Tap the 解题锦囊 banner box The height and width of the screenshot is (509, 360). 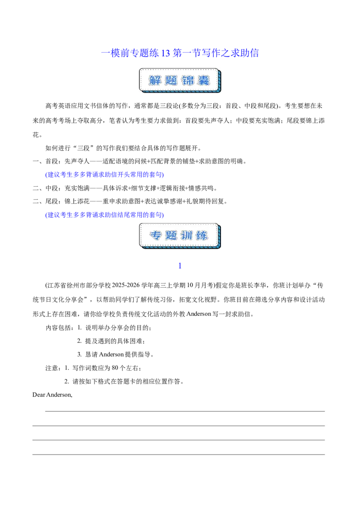tap(180, 80)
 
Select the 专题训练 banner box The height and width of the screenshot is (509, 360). tap(180, 236)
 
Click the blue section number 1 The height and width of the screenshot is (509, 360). tap(180, 266)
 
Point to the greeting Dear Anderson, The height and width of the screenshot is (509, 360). tap(52, 395)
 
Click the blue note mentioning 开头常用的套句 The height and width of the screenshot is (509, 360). tap(104, 174)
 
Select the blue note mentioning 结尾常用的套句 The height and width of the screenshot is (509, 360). tap(104, 215)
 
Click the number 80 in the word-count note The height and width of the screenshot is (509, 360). tap(115, 368)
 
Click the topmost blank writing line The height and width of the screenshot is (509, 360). tap(185, 411)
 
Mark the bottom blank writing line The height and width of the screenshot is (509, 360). tap(179, 455)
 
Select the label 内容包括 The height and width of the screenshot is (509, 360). tap(58, 328)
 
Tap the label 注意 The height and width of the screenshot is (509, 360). tap(52, 368)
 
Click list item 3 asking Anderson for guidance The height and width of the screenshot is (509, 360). tap(115, 354)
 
